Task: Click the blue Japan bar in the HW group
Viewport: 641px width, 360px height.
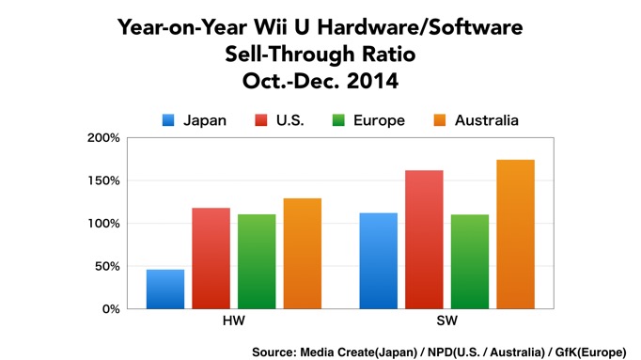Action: click(x=165, y=289)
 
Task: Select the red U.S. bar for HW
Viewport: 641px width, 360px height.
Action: click(x=211, y=258)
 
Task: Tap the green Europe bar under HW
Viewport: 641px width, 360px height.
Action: click(x=257, y=261)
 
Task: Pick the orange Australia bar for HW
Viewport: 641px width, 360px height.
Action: click(x=302, y=253)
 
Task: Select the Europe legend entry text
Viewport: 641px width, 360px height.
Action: click(x=381, y=119)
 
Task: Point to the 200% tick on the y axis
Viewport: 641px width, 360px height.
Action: click(x=103, y=137)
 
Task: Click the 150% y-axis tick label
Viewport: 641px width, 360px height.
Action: click(x=103, y=180)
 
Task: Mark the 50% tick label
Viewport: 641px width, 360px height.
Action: click(x=106, y=266)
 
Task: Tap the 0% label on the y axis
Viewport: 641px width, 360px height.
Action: click(x=110, y=308)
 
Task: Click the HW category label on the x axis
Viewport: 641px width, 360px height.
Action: click(x=233, y=322)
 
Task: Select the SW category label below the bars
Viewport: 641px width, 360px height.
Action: click(x=447, y=322)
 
